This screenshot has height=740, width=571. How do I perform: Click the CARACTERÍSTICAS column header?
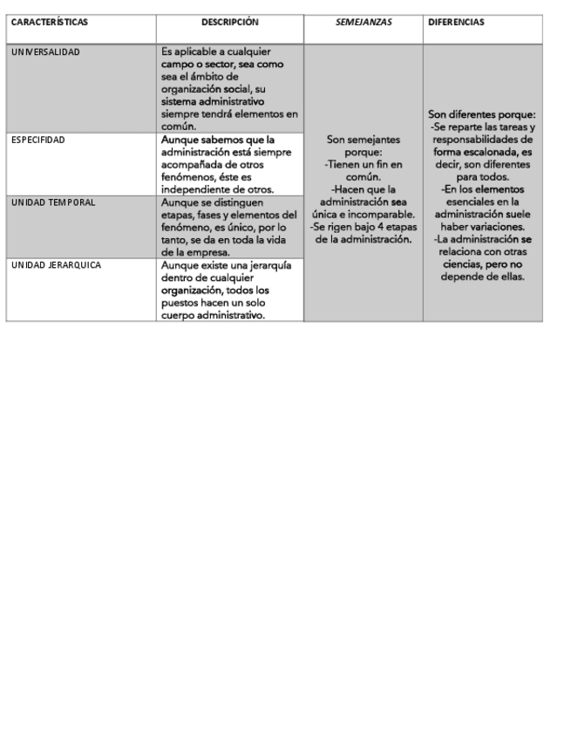50,22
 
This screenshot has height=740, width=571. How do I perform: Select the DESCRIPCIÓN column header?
229,22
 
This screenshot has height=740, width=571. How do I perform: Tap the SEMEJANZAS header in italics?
363,22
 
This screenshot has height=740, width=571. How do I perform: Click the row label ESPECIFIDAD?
37,140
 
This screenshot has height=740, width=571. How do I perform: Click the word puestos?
182,302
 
